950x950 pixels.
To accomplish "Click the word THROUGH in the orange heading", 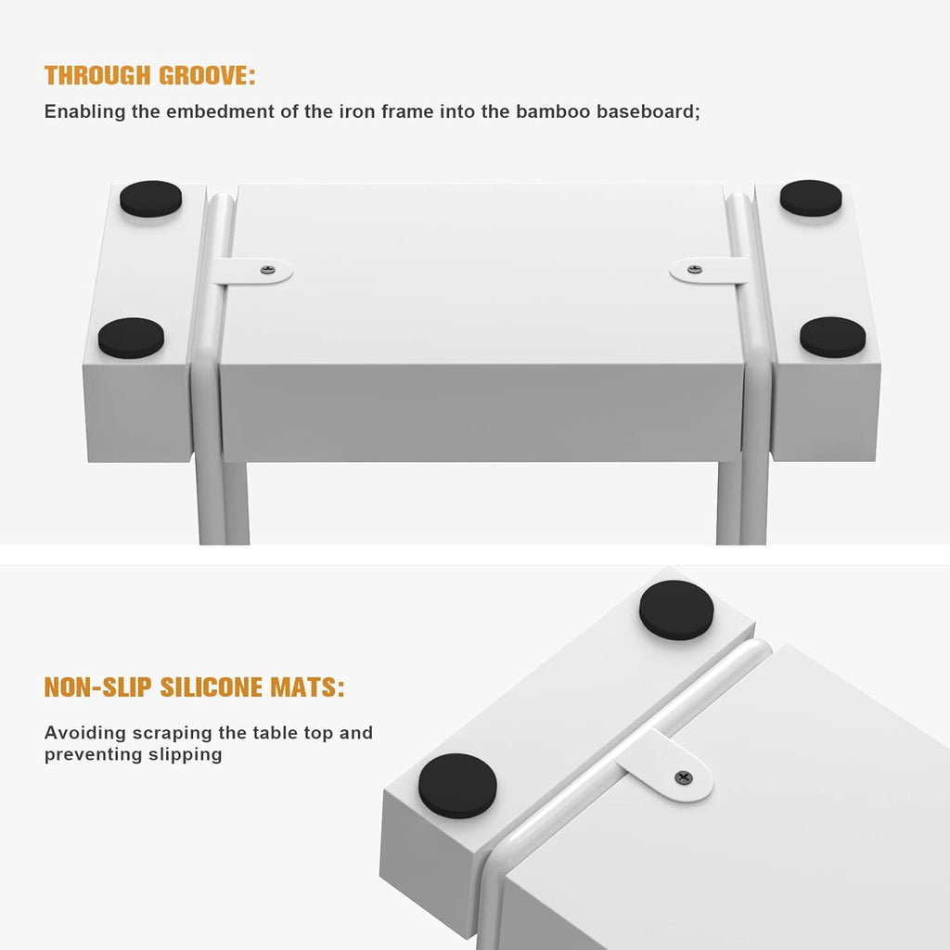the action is [97, 76].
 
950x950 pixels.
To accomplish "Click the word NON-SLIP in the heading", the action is [98, 687].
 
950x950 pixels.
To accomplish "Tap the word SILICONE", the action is [211, 687].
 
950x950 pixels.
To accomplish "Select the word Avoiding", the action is [85, 733].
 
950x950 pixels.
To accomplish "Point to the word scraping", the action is [173, 734].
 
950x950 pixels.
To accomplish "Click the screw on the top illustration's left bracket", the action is [268, 270].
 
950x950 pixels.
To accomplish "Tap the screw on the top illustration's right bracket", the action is [695, 269].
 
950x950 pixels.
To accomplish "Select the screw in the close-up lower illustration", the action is [684, 777].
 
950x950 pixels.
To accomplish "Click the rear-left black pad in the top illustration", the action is [151, 199].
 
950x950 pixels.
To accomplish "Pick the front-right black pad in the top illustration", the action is [832, 337].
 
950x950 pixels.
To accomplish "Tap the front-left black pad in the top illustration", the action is [131, 338].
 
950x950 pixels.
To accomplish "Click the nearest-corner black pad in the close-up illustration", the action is [457, 786].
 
